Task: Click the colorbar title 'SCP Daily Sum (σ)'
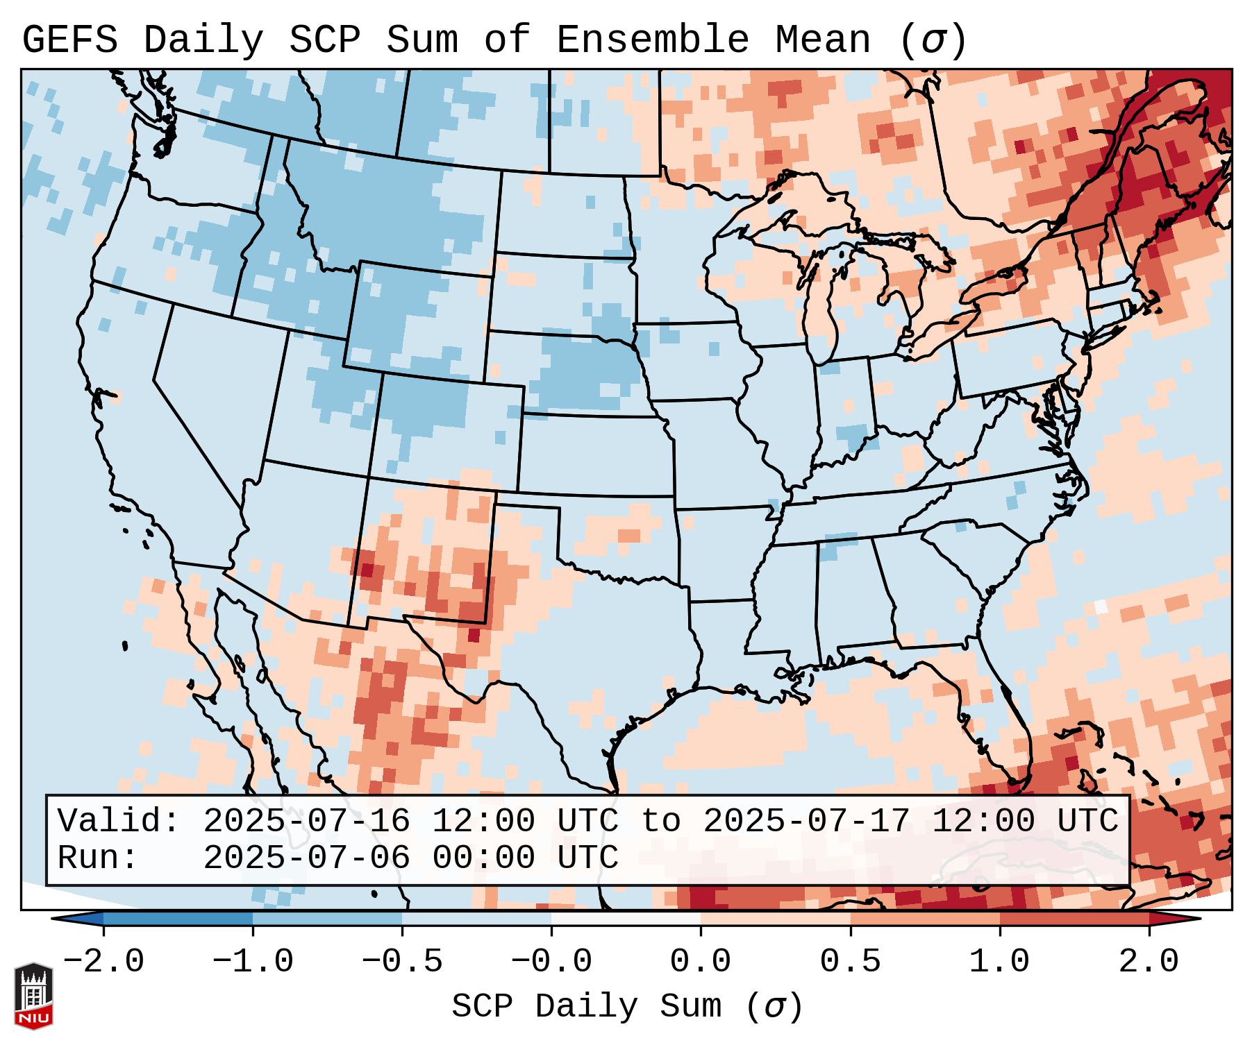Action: point(627,1007)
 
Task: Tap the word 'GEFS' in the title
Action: point(70,40)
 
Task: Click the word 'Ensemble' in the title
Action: point(652,40)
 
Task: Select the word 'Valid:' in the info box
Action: point(119,822)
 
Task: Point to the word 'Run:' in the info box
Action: point(98,858)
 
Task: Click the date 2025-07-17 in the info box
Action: point(806,822)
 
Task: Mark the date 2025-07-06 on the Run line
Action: point(306,858)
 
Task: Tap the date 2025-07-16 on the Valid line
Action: point(306,822)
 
